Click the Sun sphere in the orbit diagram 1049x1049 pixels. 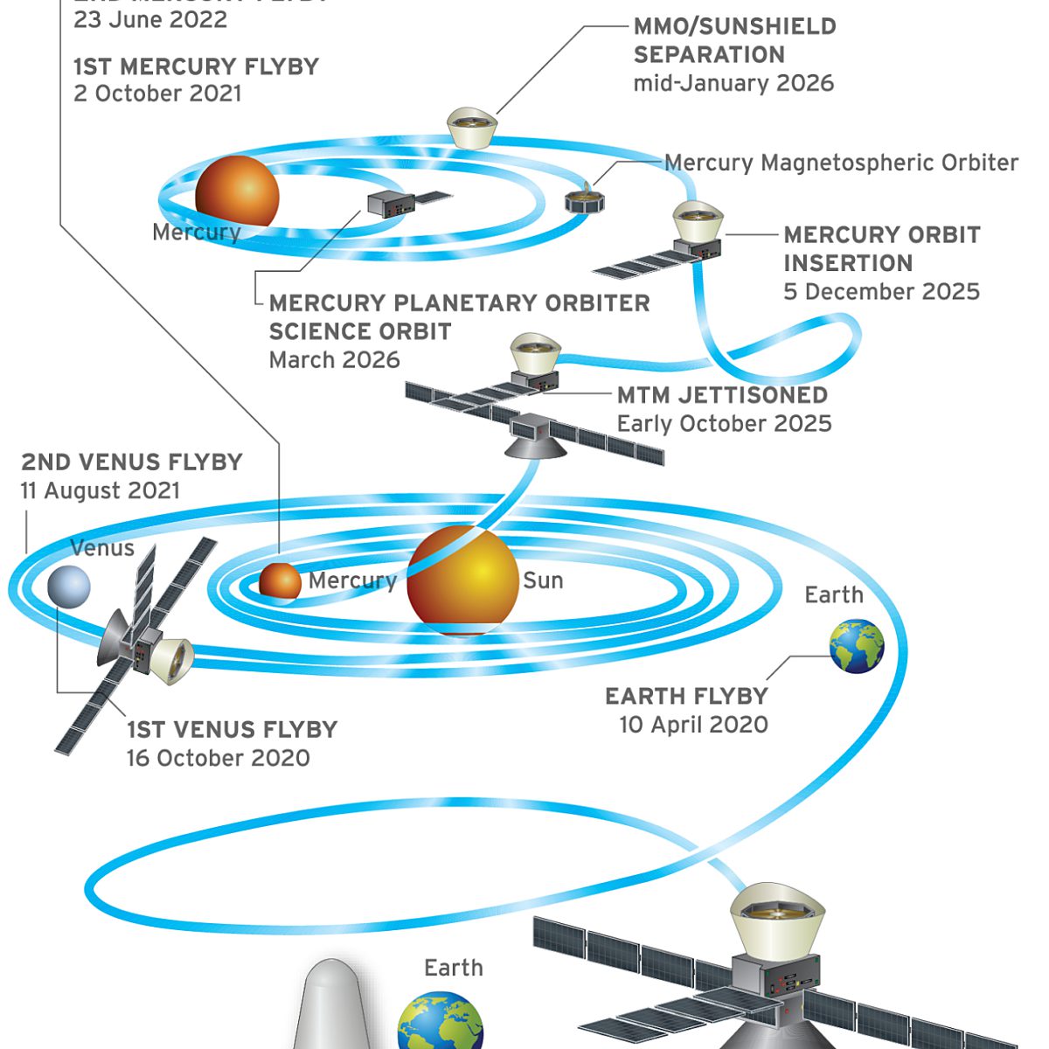click(x=462, y=580)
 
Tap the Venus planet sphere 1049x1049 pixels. click(x=69, y=586)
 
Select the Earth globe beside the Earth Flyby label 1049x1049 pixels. click(x=857, y=646)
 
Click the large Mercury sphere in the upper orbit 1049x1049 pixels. click(x=237, y=191)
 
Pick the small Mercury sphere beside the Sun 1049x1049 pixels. click(x=280, y=581)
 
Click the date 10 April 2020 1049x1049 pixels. click(x=693, y=725)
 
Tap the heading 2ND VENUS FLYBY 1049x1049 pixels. click(x=132, y=462)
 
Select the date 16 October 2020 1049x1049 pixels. click(x=218, y=758)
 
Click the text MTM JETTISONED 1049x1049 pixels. click(x=722, y=395)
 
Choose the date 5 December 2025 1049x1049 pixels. click(x=881, y=292)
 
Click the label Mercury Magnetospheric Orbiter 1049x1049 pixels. click(x=841, y=163)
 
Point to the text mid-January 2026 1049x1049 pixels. click(x=733, y=84)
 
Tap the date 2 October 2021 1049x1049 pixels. click(x=157, y=94)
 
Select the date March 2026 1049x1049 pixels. click(x=334, y=360)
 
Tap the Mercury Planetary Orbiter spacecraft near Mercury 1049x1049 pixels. click(x=389, y=204)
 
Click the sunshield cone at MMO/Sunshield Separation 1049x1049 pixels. click(x=472, y=129)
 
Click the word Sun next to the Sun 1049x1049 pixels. click(x=543, y=581)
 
